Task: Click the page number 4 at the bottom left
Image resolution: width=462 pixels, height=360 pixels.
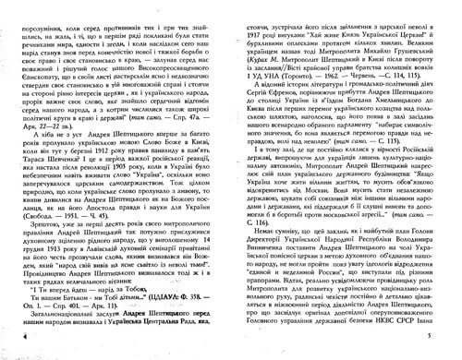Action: click(x=20, y=342)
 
